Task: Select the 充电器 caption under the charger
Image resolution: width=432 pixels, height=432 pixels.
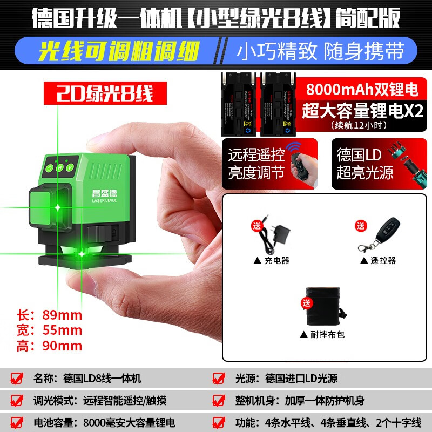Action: (276, 260)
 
